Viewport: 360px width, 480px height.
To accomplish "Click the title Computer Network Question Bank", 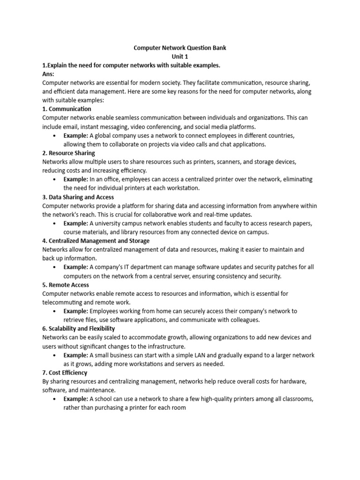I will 180,48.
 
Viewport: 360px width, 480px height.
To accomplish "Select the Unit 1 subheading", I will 180,56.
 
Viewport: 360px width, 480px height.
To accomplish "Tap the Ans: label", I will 48,74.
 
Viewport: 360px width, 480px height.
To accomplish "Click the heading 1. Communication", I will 67,109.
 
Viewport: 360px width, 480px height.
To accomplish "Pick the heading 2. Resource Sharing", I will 68,153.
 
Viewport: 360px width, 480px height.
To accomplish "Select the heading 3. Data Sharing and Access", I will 78,197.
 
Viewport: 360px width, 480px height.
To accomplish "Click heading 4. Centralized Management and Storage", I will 96,241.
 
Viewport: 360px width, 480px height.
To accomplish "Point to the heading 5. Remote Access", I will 66,285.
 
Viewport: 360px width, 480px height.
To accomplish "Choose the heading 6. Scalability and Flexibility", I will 78,329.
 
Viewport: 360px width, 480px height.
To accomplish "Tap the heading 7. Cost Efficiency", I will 65,373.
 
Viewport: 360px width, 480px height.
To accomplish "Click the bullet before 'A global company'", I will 55,136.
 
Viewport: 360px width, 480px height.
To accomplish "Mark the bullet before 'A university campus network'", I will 55,224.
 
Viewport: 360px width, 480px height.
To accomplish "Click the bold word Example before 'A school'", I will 76,399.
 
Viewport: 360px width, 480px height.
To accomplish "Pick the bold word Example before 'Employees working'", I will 76,311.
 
